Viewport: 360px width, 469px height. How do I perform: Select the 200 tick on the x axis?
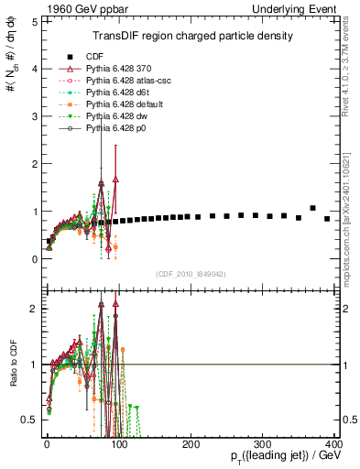(191, 442)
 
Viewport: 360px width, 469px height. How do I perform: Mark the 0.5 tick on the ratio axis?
(30, 420)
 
